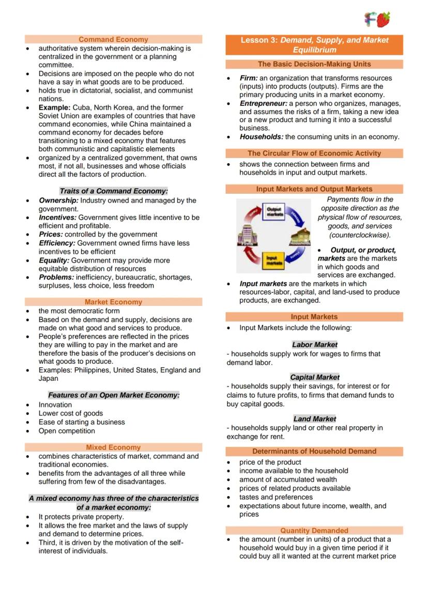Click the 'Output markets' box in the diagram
click(x=274, y=212)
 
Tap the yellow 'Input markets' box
click(x=272, y=260)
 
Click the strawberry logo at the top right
click(x=383, y=20)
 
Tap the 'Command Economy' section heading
click(x=113, y=39)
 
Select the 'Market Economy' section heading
click(x=113, y=302)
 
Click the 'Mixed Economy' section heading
click(x=113, y=447)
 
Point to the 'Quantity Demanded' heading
click(x=314, y=531)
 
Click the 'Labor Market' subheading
click(x=314, y=345)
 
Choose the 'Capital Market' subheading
click(x=314, y=378)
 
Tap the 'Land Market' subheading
click(x=314, y=419)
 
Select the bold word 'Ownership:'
click(x=58, y=200)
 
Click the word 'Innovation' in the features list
click(x=55, y=405)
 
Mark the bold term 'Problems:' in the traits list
click(x=56, y=277)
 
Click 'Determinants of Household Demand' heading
click(x=314, y=451)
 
